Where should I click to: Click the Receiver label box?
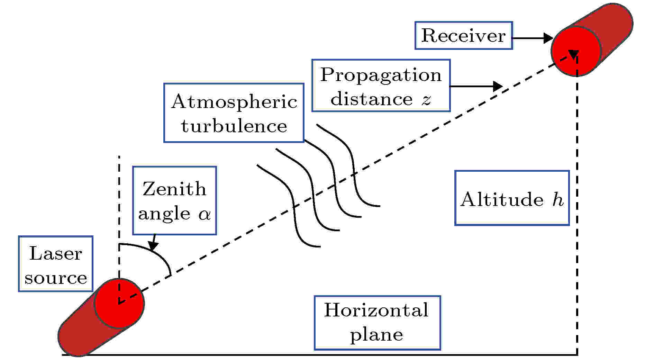click(463, 36)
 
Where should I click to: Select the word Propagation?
click(381, 75)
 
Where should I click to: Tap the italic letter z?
click(426, 100)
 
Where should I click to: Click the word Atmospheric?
click(234, 102)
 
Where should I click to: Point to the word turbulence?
click(234, 126)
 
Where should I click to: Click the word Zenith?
click(174, 189)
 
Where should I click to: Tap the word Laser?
click(55, 253)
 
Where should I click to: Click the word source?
click(55, 278)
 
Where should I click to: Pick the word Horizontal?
click(376, 310)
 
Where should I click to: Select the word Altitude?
click(502, 200)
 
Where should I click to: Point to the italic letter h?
click(558, 200)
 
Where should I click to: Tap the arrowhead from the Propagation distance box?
click(498, 86)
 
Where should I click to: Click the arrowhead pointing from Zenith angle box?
click(153, 246)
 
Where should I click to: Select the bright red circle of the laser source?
click(119, 304)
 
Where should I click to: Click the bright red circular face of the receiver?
click(576, 51)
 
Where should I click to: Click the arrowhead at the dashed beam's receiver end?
click(573, 54)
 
